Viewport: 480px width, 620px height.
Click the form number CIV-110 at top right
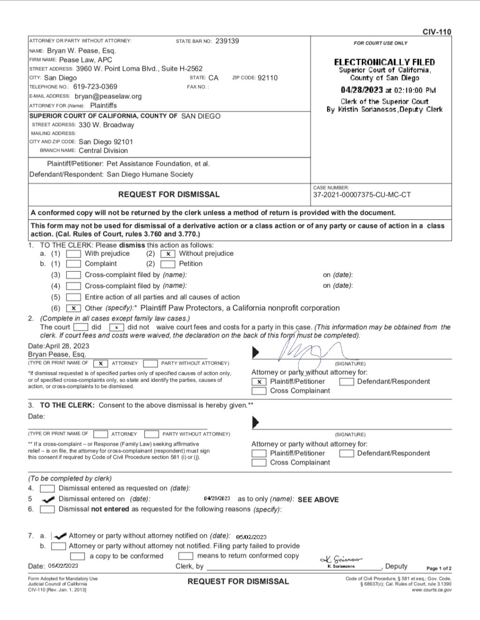(x=436, y=32)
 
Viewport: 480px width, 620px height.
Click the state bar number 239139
(x=227, y=41)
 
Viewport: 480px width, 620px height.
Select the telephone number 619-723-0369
(x=95, y=87)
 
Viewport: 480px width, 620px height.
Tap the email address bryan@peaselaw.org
(x=108, y=96)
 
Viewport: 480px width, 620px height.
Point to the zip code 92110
(x=268, y=78)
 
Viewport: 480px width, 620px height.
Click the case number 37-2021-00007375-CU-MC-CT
(x=362, y=194)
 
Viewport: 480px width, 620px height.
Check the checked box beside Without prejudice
(x=168, y=254)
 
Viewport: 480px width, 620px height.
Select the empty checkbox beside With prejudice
(x=74, y=254)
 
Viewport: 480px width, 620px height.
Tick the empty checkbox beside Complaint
(x=74, y=264)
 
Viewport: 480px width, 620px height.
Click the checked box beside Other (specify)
(x=74, y=308)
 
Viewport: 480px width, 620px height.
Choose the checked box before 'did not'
(x=116, y=327)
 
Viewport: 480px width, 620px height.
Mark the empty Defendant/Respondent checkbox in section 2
(x=346, y=381)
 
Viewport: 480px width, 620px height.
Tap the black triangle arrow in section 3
(x=255, y=422)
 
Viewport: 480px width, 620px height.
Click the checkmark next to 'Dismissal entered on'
(x=48, y=499)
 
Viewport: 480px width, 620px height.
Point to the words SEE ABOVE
(x=318, y=500)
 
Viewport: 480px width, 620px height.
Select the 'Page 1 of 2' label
(x=439, y=568)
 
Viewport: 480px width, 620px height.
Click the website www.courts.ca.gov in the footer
(x=432, y=590)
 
